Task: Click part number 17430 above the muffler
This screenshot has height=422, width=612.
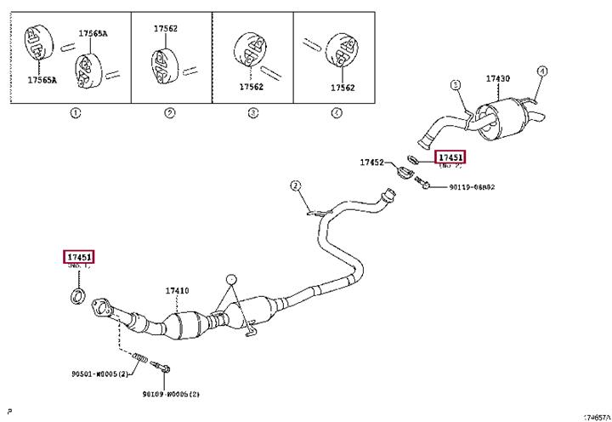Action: point(498,79)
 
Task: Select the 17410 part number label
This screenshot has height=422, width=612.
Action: point(177,290)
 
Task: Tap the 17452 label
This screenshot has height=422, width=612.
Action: point(371,161)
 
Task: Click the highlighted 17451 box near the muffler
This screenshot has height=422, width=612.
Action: point(451,157)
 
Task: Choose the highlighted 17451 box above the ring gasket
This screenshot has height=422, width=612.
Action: point(80,257)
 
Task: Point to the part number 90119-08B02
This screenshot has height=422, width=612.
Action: point(472,186)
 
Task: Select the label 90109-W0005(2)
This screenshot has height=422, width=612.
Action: point(171,394)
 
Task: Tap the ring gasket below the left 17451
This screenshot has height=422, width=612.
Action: point(76,296)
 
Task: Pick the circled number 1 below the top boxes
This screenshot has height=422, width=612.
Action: point(75,113)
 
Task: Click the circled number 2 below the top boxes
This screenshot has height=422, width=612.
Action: point(170,113)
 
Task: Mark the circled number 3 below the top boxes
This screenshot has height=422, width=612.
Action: point(252,113)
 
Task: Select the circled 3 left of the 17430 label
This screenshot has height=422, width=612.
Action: point(455,85)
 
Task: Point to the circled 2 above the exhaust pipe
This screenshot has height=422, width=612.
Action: point(296,185)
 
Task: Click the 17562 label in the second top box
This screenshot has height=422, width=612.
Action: point(166,29)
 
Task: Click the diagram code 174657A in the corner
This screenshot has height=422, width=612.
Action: point(595,417)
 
